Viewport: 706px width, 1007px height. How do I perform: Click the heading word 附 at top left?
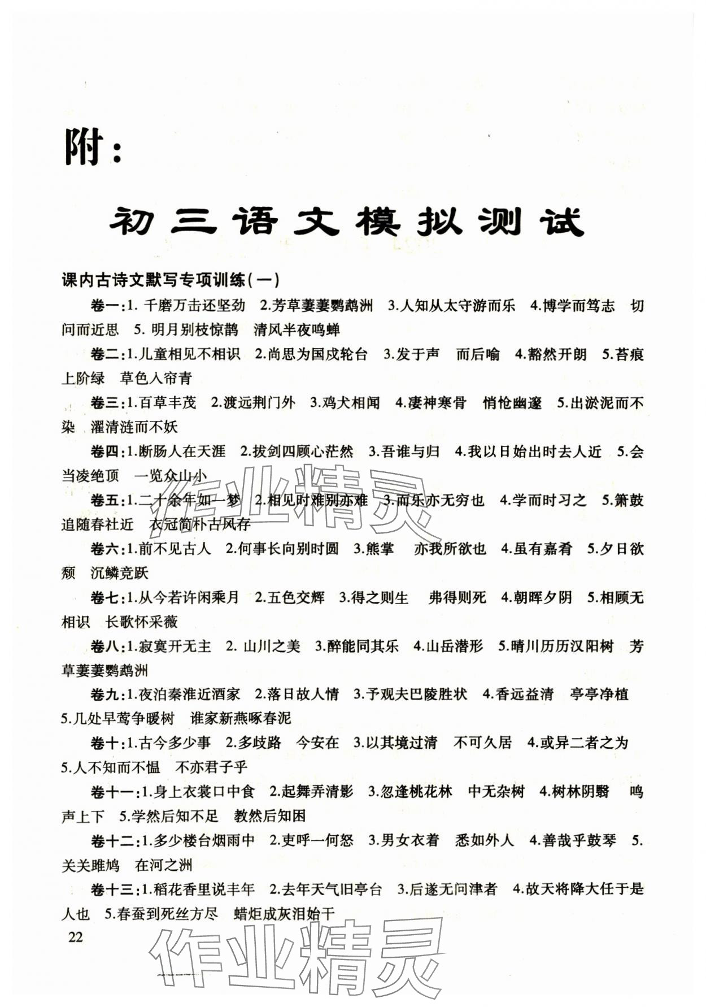(84, 147)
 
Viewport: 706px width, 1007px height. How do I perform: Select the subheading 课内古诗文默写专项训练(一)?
(170, 280)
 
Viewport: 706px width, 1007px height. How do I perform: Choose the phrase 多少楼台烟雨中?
(204, 841)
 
